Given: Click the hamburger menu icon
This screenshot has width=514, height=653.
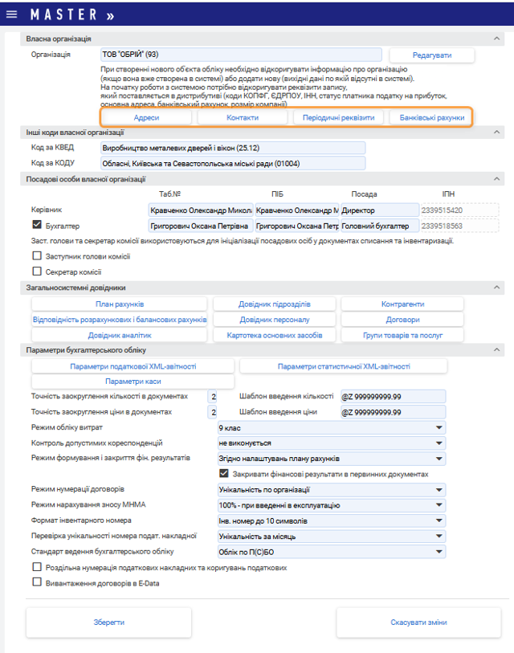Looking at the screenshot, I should point(11,14).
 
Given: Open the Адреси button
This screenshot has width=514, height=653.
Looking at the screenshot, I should point(146,117).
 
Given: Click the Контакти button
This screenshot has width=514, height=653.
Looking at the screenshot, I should point(243,117).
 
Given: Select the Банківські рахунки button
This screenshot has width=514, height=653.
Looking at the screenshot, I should point(431,117).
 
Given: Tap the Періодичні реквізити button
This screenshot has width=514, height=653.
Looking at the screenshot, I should point(338,117).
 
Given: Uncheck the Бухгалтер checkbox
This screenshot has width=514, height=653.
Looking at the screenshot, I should point(36,226).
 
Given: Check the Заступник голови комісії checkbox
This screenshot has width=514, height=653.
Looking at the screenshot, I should point(36,256).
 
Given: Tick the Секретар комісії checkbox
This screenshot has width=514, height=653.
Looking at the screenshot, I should point(36,271).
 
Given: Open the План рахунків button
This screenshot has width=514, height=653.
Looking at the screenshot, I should point(120,304).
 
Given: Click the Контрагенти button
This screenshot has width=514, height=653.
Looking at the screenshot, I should point(402,304).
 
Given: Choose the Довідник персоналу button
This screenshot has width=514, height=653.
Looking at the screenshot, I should point(275,320).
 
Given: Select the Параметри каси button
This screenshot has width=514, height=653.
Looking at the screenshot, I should point(133,382).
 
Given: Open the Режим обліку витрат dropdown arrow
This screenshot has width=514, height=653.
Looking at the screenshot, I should point(439,427).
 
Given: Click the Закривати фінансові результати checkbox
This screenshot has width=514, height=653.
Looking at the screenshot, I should point(224,474).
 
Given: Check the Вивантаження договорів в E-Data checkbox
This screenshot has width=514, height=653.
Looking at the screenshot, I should point(36,582).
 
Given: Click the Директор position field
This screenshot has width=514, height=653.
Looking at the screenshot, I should point(379,210).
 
